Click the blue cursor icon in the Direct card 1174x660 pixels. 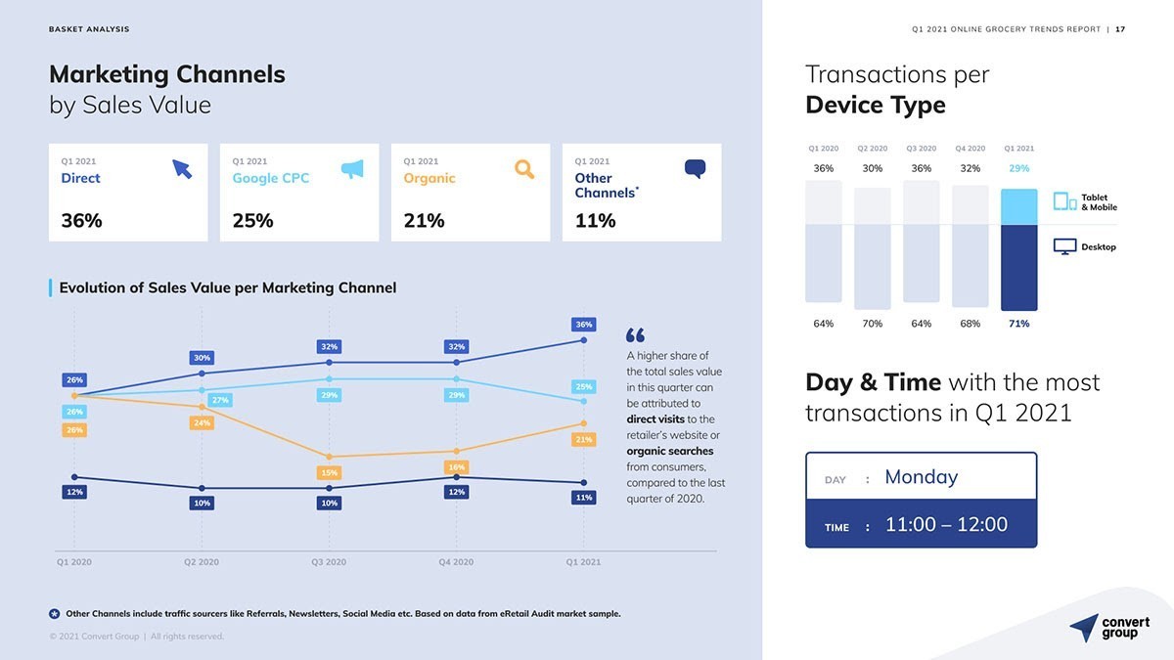click(x=182, y=169)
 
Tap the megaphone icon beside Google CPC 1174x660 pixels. click(x=352, y=169)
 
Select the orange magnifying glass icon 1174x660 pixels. click(x=524, y=169)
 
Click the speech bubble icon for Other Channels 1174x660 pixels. click(x=695, y=169)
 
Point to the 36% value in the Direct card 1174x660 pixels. click(x=81, y=221)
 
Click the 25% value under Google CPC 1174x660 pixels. click(x=252, y=221)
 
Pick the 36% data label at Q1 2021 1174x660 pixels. click(x=583, y=325)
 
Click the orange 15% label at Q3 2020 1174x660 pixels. click(x=329, y=473)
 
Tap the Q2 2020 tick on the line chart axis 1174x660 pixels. click(x=202, y=562)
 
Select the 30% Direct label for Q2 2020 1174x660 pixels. click(x=202, y=358)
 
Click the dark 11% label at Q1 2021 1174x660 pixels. click(x=583, y=498)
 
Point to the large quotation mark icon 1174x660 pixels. click(x=635, y=335)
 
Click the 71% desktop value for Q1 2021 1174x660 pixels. click(x=1018, y=324)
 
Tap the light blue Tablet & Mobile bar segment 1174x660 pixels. click(x=1018, y=206)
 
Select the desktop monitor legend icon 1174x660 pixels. click(x=1064, y=247)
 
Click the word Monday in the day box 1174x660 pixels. click(x=921, y=477)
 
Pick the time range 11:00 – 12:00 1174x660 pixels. click(x=946, y=525)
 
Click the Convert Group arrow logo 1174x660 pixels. click(x=1083, y=628)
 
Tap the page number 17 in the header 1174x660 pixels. click(x=1120, y=29)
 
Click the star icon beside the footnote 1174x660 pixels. click(x=55, y=614)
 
